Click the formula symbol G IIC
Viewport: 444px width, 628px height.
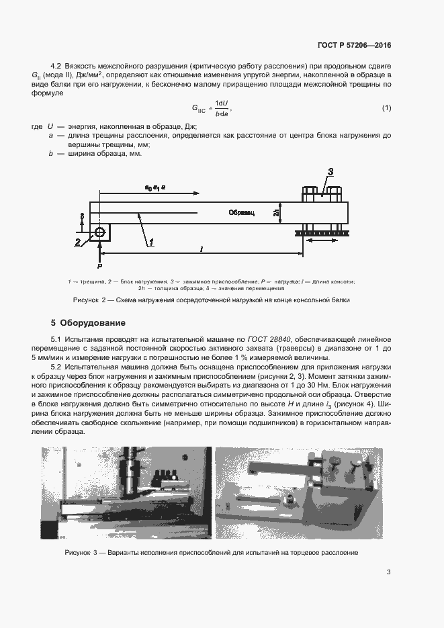pyautogui.click(x=199, y=109)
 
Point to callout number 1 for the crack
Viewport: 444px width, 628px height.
pyautogui.click(x=152, y=241)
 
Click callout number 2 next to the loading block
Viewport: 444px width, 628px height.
pyautogui.click(x=78, y=242)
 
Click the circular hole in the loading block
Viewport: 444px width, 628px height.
pyautogui.click(x=100, y=232)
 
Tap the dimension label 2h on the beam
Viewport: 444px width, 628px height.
pyautogui.click(x=277, y=212)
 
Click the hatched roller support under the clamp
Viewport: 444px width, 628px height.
pyautogui.click(x=320, y=234)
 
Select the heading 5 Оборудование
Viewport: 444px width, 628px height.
pyautogui.click(x=88, y=322)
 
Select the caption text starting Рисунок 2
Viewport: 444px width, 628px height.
pyautogui.click(x=212, y=300)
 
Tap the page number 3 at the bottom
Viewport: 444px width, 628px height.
pyautogui.click(x=388, y=572)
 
